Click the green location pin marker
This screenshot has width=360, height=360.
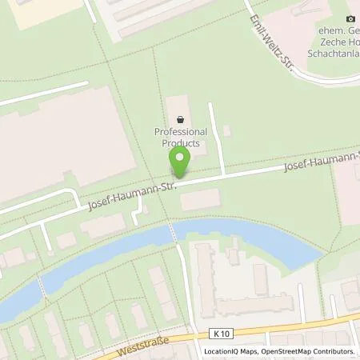[x=179, y=160]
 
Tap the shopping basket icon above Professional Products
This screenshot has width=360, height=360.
[x=180, y=119]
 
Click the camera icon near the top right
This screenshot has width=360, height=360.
[x=350, y=18]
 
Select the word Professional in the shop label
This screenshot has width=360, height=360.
[x=180, y=132]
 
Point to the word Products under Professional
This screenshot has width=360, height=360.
[x=180, y=142]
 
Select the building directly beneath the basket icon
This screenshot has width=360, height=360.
[x=180, y=108]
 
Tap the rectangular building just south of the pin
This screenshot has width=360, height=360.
[x=199, y=200]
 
